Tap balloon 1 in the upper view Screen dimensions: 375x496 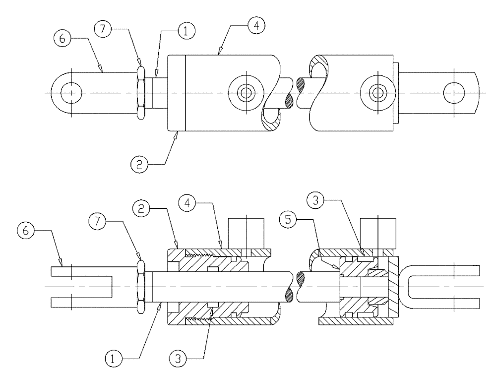click(186, 32)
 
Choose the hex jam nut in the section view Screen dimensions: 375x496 click(141, 287)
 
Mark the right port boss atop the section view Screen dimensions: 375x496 click(378, 232)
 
